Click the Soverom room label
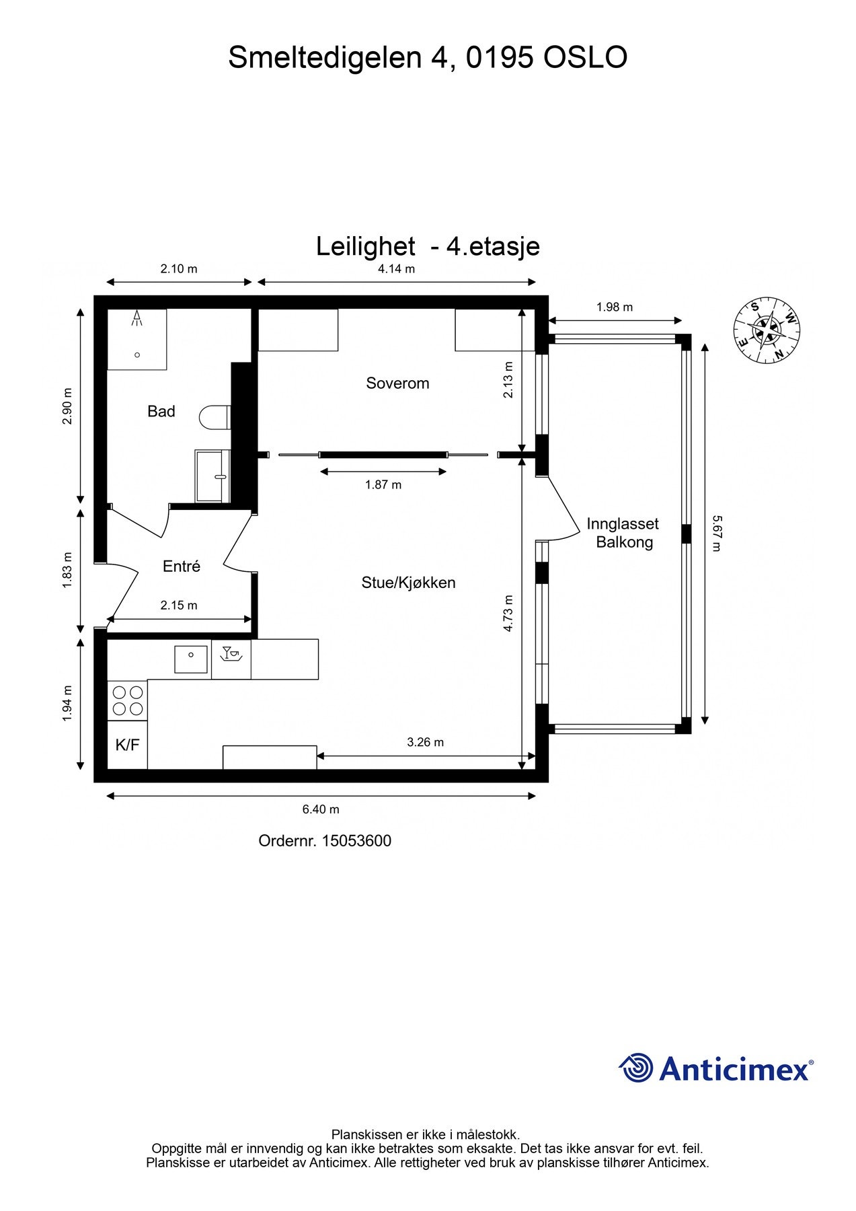397,383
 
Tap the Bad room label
161,411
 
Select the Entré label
182,566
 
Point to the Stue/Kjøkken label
408,583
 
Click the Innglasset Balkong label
623,533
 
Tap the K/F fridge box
128,745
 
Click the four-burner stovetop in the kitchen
128,700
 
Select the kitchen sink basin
191,659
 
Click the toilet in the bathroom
215,417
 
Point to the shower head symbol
138,318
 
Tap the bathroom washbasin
212,476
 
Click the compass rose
767,330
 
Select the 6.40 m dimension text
321,809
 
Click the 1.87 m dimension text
383,484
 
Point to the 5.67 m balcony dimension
716,534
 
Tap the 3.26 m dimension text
426,743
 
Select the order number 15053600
356,841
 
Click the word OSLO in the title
585,58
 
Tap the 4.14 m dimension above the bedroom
396,269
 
